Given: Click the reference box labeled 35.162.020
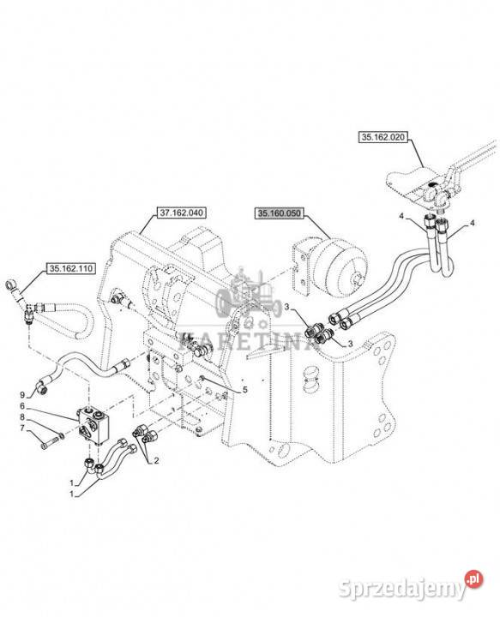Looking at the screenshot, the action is click(383, 137).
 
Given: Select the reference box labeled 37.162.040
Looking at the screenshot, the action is click(182, 213).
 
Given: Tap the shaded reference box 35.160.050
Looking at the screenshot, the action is click(279, 213).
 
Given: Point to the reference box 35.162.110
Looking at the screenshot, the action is click(71, 269).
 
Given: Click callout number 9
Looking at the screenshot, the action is click(22, 395).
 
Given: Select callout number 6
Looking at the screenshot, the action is click(22, 405).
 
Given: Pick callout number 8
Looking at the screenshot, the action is click(22, 416).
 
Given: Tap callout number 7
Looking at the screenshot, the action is click(22, 428).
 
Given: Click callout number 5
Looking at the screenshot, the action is click(245, 390).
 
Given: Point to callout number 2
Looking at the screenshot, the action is click(156, 461).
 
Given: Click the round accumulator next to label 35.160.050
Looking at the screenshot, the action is click(340, 261).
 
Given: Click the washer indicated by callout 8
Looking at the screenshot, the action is click(60, 435).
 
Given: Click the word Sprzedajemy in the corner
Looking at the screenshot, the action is click(402, 589).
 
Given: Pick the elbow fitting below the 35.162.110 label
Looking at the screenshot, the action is click(29, 311).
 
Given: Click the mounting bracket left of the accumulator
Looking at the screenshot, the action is click(301, 269).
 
